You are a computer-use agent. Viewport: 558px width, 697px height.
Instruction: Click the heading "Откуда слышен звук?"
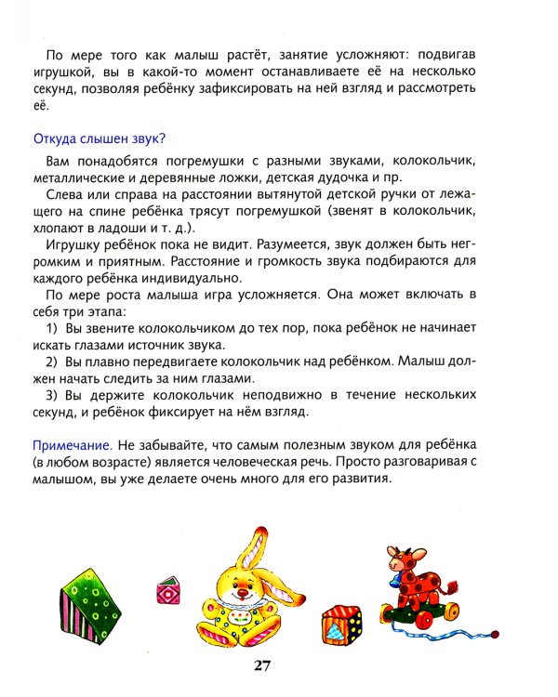click(x=99, y=139)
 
